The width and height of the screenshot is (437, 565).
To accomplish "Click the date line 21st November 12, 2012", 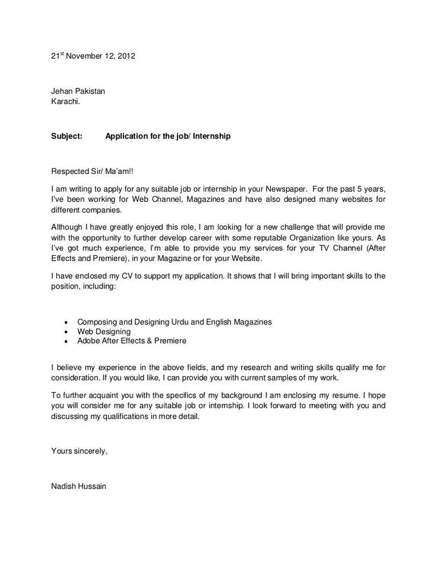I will pyautogui.click(x=93, y=57).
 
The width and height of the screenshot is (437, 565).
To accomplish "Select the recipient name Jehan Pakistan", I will pyautogui.click(x=78, y=91).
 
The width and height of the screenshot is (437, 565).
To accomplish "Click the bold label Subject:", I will pyautogui.click(x=66, y=136).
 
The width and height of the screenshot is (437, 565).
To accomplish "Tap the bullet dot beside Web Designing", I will pyautogui.click(x=65, y=332).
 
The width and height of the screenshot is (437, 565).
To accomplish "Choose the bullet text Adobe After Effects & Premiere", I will pyautogui.click(x=132, y=341).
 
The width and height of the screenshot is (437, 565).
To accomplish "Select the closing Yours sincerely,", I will pyautogui.click(x=80, y=451).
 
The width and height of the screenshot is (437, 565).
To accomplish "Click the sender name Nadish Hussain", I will pyautogui.click(x=79, y=486).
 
